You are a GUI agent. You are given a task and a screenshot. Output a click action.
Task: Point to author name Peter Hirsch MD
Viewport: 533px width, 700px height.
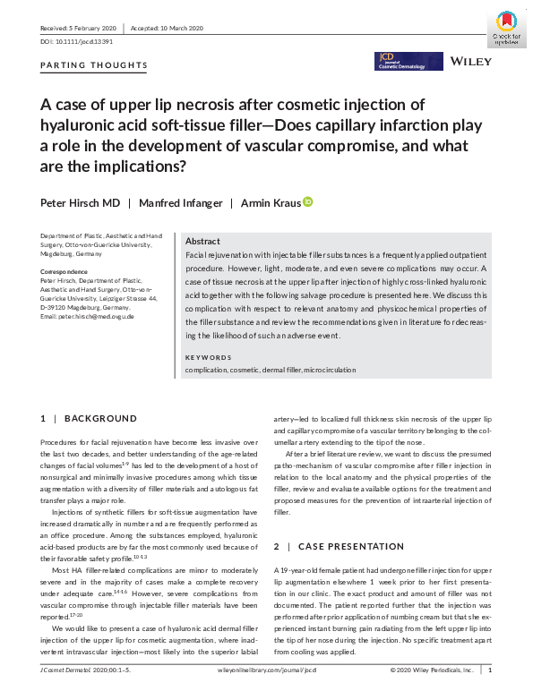80,203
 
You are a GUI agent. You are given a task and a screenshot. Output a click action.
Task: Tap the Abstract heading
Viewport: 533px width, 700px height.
202,242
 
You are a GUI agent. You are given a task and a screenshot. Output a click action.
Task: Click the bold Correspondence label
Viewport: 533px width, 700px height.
68,270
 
